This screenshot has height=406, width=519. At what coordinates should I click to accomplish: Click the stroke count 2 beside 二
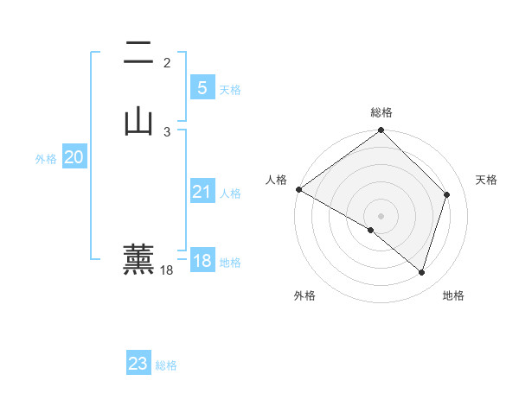click(167, 63)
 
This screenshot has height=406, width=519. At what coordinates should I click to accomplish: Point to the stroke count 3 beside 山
click(167, 131)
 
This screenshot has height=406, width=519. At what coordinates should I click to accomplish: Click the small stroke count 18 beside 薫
click(167, 270)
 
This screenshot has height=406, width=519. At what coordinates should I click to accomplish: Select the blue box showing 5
click(202, 87)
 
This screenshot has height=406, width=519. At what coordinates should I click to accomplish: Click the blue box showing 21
click(202, 192)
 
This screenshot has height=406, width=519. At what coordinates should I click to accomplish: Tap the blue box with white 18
click(202, 261)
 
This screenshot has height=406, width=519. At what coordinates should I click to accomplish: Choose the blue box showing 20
click(74, 157)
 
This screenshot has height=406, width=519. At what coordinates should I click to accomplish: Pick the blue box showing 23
click(138, 364)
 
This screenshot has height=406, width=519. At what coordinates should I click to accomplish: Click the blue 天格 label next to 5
click(230, 90)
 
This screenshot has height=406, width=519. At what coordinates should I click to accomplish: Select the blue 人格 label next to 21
click(230, 193)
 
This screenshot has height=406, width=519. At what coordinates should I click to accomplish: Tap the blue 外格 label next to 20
click(46, 159)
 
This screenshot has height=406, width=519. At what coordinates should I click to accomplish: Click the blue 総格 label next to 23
click(166, 365)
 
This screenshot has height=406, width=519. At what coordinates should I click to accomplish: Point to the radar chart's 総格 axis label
click(381, 112)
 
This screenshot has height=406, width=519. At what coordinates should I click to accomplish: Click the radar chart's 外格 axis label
click(304, 296)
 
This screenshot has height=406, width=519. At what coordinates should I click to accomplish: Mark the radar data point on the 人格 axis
click(298, 189)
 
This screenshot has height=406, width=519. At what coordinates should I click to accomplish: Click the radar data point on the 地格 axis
click(421, 273)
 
